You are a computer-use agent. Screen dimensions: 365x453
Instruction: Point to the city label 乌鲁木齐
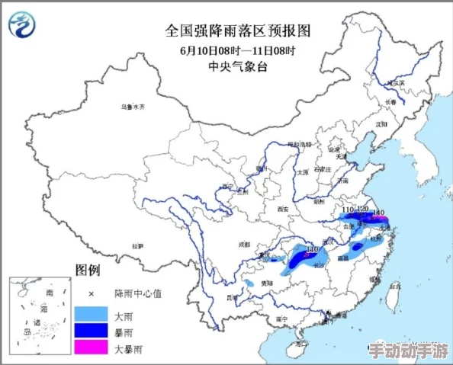tap(132, 107)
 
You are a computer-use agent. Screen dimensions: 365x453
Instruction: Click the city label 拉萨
tap(137, 246)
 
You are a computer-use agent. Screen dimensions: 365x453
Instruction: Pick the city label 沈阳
tap(381, 123)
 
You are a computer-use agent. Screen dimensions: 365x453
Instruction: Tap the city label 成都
tap(244, 245)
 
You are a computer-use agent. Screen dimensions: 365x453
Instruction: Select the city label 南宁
tap(281, 318)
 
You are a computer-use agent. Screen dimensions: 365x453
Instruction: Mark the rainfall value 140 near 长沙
tap(311, 249)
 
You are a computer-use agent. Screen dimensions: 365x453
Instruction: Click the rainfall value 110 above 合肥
tap(348, 210)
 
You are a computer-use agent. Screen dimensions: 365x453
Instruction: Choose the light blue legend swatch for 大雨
tap(92, 313)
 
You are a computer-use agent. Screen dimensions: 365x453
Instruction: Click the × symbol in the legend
tap(91, 293)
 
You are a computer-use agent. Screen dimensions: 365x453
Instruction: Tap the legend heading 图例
tap(88, 270)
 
